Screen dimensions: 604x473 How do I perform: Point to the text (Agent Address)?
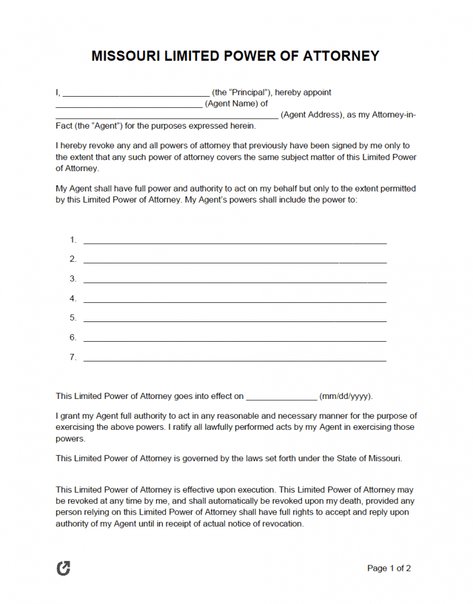(312, 115)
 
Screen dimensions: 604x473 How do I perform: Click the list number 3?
(73, 279)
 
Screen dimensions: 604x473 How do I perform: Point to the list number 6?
(73, 337)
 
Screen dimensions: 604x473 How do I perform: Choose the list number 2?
(73, 259)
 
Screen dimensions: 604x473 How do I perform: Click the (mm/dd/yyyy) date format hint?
(346, 397)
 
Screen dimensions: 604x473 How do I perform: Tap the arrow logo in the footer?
(63, 568)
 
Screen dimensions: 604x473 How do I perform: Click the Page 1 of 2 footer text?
(389, 568)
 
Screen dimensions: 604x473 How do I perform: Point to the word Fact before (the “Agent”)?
(64, 126)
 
